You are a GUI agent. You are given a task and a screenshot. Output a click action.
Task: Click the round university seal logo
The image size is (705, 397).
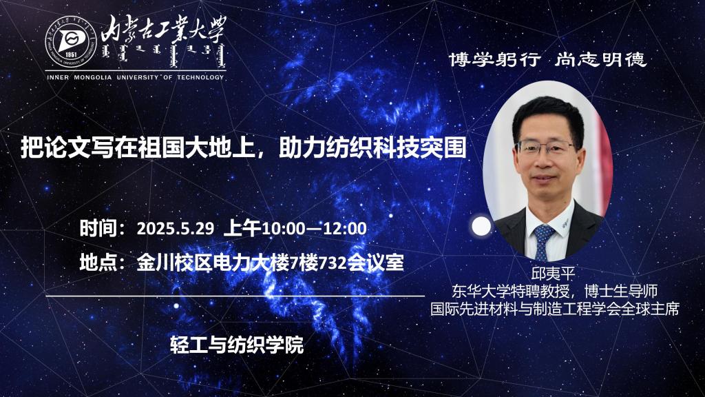pos(71,42)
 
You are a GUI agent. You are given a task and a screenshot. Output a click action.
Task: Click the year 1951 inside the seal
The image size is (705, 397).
pos(71,55)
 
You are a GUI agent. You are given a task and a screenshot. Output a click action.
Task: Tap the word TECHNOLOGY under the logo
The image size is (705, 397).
pos(200,77)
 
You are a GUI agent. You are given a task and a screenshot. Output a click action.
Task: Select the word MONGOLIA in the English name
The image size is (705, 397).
pos(93,77)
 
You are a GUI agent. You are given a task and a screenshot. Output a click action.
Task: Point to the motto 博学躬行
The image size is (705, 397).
pos(494,59)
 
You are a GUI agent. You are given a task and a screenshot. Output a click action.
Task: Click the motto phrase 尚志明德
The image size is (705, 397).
pos(600,59)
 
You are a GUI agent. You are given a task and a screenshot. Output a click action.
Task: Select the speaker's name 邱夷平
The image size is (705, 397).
pos(553,274)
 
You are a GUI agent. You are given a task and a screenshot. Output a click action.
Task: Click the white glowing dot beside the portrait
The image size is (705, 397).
pos(481,226)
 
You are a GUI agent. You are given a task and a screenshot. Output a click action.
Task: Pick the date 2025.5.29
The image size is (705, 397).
pos(176,229)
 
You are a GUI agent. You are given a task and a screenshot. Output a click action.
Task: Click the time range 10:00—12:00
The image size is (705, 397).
pos(314,229)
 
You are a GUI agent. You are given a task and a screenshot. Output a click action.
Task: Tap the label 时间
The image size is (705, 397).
pos(98,228)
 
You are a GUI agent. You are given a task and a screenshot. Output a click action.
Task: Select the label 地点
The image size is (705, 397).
pos(98,263)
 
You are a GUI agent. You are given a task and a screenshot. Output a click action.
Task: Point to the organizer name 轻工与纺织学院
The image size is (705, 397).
pos(237,345)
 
